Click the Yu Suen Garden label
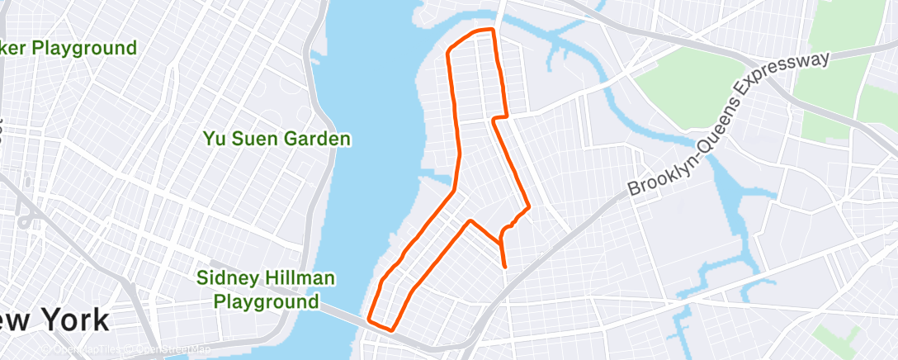click(277, 139)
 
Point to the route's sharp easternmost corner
click(528, 206)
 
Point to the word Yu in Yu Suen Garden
click(214, 139)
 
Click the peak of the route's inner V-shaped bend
click(470, 221)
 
